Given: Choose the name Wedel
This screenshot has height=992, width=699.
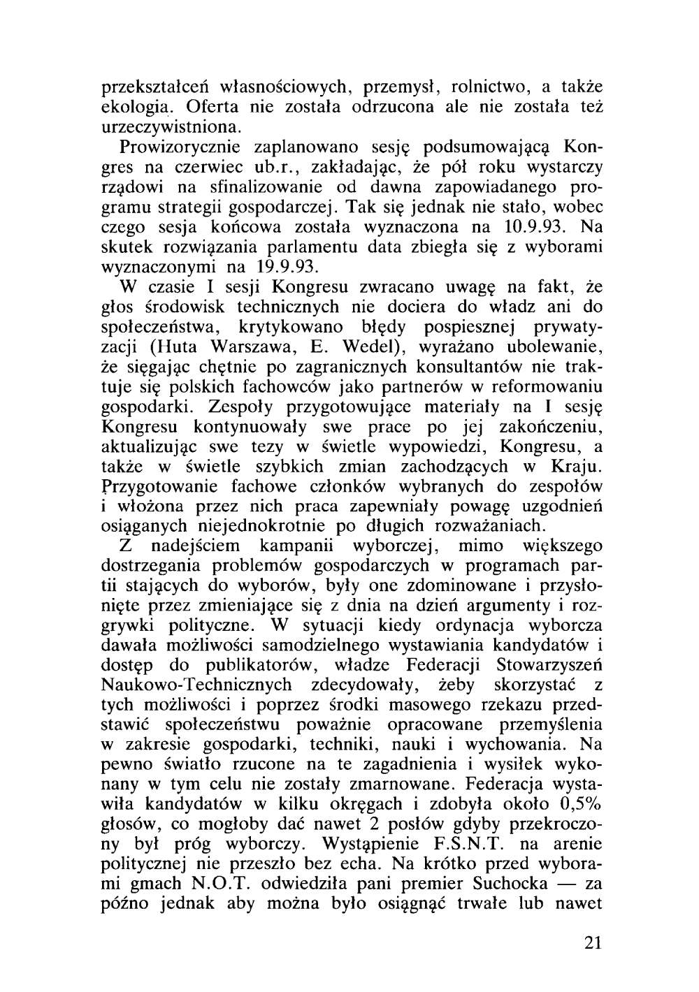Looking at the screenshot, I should (x=368, y=347).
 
